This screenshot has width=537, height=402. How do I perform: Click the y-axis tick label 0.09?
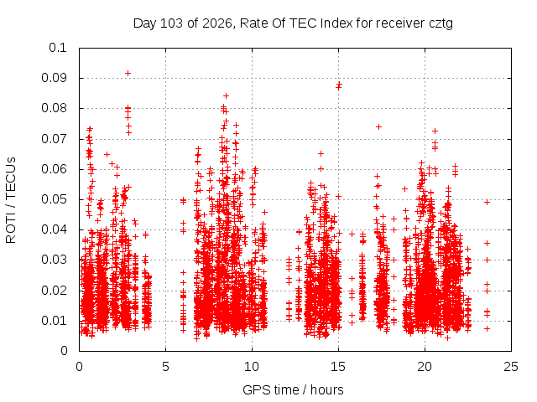(54, 78)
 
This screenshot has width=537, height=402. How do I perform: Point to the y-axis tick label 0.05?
(54, 199)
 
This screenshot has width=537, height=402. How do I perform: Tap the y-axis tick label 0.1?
(58, 48)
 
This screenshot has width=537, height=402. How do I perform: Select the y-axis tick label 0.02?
(54, 291)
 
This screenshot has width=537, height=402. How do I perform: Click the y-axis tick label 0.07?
(54, 139)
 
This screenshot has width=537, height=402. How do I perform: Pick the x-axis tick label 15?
(338, 367)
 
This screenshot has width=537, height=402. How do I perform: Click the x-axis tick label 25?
(511, 367)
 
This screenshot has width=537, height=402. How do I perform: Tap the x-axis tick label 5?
(166, 367)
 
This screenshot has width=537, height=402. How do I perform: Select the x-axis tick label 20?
(425, 367)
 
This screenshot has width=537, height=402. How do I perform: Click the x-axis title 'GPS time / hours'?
(293, 389)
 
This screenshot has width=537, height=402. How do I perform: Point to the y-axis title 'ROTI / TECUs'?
(11, 200)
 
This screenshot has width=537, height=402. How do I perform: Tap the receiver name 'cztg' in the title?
(441, 24)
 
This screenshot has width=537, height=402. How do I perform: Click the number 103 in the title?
(171, 23)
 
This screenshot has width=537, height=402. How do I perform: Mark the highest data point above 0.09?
(128, 73)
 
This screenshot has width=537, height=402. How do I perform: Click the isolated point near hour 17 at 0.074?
(378, 126)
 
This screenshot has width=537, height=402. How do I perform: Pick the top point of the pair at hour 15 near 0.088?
(339, 84)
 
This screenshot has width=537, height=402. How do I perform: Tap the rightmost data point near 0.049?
(487, 202)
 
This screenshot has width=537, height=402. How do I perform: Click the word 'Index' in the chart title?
(336, 23)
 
